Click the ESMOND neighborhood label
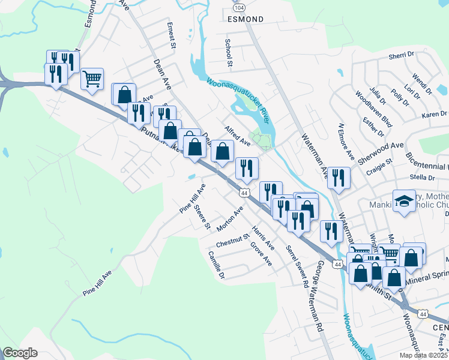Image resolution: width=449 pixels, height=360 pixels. (246, 19)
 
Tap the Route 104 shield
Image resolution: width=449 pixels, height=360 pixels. (239, 7)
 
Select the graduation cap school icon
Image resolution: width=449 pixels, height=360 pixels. (404, 200)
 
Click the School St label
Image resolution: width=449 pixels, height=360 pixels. (228, 53)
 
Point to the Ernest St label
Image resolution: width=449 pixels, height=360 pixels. (171, 36)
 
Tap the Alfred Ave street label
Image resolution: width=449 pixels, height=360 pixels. (237, 136)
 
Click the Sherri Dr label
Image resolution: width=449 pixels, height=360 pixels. (402, 55)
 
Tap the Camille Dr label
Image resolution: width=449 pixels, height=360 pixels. (216, 265)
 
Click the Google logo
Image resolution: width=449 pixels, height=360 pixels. (20, 353)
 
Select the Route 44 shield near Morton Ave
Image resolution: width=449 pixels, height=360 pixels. (244, 193)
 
